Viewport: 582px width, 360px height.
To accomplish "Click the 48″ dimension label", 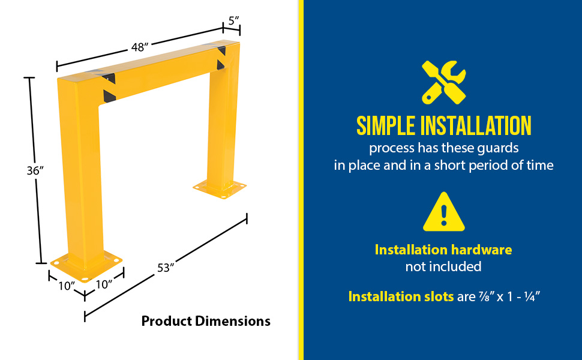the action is pos(140,47).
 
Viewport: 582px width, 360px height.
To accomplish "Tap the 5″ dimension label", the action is pos(233,21).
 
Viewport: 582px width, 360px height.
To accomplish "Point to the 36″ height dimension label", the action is pos(35,170).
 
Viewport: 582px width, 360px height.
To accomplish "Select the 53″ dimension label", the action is pos(166,268).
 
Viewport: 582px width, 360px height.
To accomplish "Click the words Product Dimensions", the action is pos(206,321).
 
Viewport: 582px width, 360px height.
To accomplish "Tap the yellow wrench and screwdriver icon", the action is pos(444,82).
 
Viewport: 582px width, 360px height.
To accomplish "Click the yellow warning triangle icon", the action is pos(444,212).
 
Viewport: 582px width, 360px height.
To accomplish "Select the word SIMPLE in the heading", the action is pos(386,126).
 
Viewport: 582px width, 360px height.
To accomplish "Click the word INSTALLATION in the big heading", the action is pos(476,126).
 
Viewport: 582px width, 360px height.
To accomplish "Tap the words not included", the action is pos(443,266).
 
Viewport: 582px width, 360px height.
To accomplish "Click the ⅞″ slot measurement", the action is pos(487,296).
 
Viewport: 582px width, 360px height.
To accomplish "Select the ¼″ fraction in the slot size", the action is pos(532,296).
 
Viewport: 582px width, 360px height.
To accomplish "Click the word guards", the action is pos(498,148).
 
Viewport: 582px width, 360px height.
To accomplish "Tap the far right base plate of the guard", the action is pos(220,189).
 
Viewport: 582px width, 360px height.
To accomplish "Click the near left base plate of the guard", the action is pos(87,265).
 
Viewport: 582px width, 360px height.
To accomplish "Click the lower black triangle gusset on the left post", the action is pos(109,96).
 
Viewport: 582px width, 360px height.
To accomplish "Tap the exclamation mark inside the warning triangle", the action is pos(444,215).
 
